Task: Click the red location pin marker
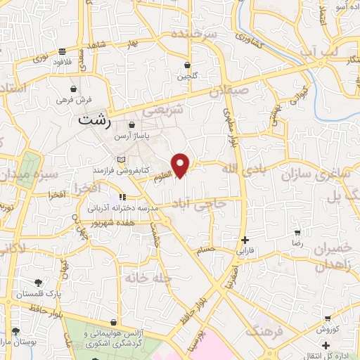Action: click(181, 165)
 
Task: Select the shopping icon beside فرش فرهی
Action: click(74, 89)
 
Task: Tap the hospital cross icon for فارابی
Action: click(244, 239)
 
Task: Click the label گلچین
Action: click(187, 75)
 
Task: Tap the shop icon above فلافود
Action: click(63, 51)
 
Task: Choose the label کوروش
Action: click(328, 328)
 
